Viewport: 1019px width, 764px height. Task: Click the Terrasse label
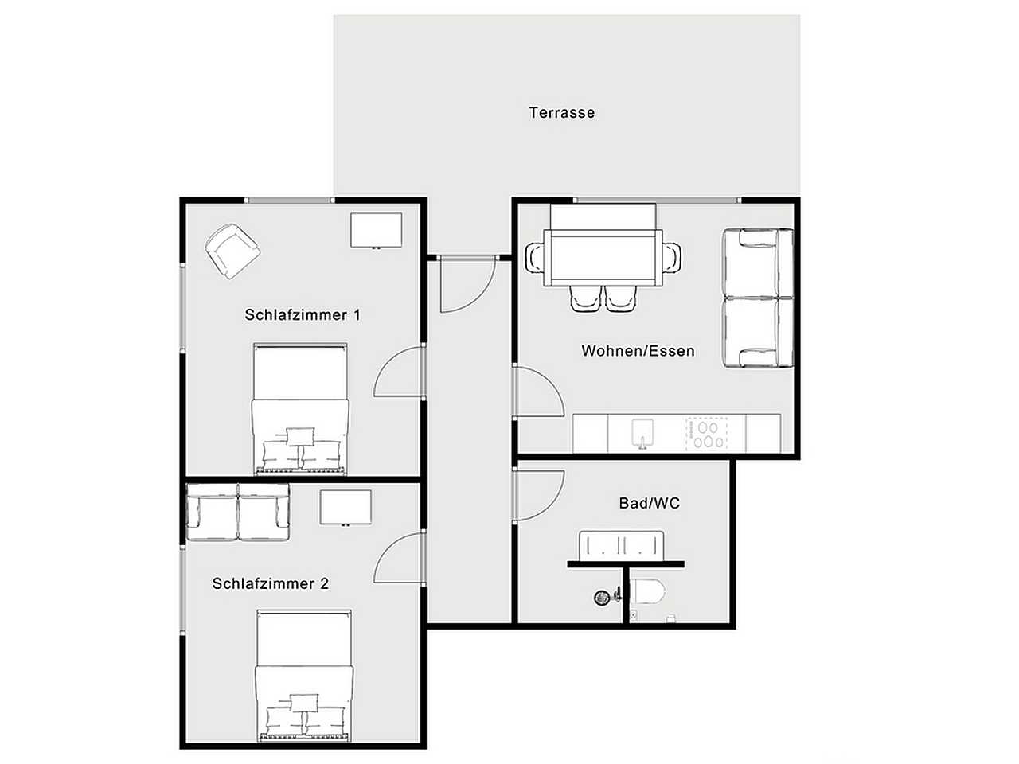(x=562, y=113)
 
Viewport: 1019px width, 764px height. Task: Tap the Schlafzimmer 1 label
(x=303, y=315)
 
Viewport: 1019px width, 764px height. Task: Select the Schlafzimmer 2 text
(x=271, y=583)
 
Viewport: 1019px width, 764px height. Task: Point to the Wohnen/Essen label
(x=638, y=351)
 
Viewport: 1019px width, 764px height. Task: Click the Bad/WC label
(x=650, y=503)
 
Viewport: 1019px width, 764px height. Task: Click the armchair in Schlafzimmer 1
(x=232, y=251)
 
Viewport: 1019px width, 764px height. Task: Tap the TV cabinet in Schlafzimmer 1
(x=376, y=231)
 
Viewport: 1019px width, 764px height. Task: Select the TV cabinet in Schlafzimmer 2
(x=346, y=508)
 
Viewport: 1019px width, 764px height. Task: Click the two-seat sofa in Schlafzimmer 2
(x=238, y=512)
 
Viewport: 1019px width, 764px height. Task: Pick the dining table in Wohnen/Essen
(x=603, y=257)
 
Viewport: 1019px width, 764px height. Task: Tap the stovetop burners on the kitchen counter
(x=707, y=435)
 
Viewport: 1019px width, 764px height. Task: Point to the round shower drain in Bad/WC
(x=602, y=598)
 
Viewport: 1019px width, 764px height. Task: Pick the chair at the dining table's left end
(x=534, y=258)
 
